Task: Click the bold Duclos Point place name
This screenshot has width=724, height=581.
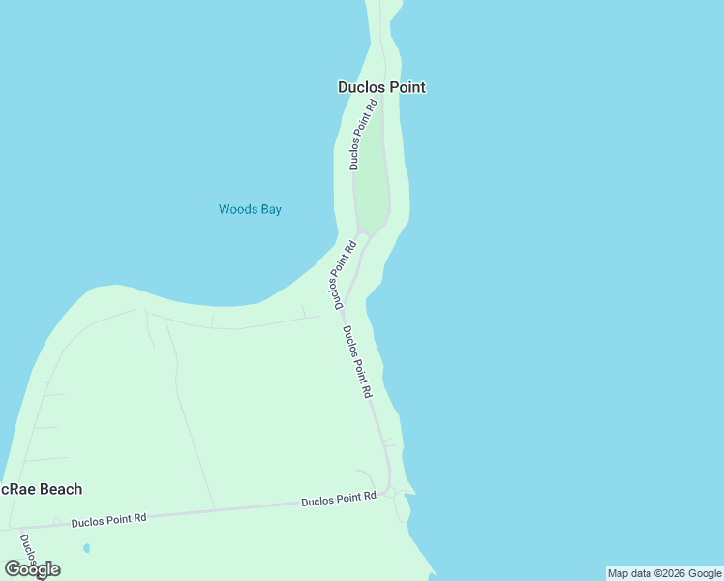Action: click(381, 87)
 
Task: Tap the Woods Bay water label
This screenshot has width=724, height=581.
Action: click(250, 209)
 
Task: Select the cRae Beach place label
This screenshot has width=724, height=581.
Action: click(42, 489)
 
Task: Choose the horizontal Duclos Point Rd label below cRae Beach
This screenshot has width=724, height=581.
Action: click(108, 519)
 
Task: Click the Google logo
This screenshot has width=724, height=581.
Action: click(32, 569)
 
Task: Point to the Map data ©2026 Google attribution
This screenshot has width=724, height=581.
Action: click(664, 573)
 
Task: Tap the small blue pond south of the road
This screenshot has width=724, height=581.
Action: click(86, 548)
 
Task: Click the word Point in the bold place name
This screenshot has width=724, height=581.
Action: click(406, 87)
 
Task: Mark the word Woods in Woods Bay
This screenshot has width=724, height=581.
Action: click(237, 209)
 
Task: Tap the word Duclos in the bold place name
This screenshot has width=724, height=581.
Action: click(360, 87)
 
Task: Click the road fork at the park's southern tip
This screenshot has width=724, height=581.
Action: click(363, 232)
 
